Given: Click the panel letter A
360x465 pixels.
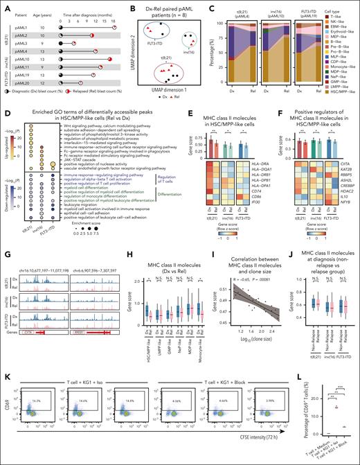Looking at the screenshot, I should (x=5, y=5).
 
